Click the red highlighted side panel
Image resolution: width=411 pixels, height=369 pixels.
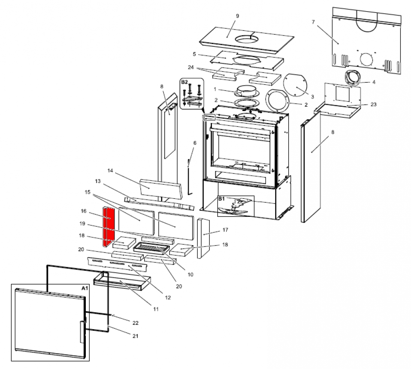pyautogui.click(x=109, y=227)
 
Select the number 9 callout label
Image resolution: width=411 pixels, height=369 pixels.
pyautogui.click(x=237, y=16)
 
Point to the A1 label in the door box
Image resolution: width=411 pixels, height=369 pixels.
pyautogui.click(x=85, y=288)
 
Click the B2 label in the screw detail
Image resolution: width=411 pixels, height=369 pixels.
pyautogui.click(x=184, y=81)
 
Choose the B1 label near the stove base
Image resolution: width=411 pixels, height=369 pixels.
pyautogui.click(x=221, y=199)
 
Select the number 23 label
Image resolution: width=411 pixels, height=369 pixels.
pyautogui.click(x=373, y=104)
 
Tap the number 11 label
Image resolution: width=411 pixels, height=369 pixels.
pyautogui.click(x=156, y=309)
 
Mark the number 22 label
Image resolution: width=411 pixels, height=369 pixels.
pyautogui.click(x=135, y=322)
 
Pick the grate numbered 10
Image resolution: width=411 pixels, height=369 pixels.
pyautogui.click(x=153, y=247)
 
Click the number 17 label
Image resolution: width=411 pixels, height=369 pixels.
pyautogui.click(x=225, y=230)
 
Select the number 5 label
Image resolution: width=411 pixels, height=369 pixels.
pyautogui.click(x=194, y=54)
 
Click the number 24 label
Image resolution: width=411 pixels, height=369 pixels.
pyautogui.click(x=191, y=67)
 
